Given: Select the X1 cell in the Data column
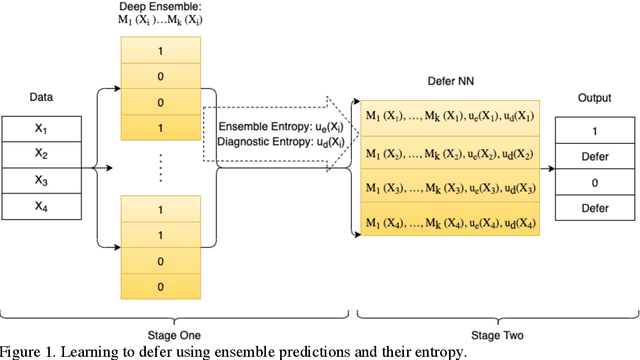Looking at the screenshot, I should (41, 128).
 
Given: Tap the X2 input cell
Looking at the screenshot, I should (41, 154).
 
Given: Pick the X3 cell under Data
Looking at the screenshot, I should (41, 180).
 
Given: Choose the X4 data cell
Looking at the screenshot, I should (41, 206).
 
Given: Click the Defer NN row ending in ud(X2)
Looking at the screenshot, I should (449, 153).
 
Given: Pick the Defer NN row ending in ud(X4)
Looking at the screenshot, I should (449, 222).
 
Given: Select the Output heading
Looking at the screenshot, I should (596, 98).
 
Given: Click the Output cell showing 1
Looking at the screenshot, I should (596, 130).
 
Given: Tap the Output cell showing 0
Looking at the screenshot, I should (596, 182).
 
